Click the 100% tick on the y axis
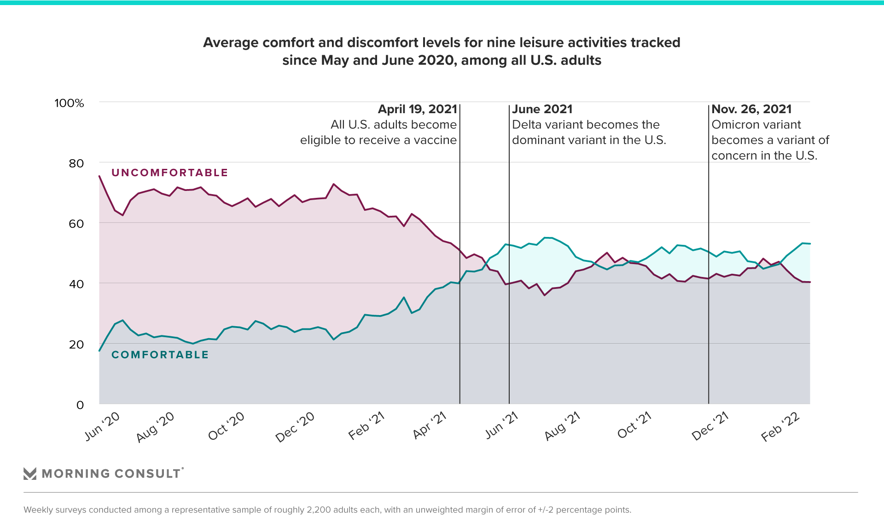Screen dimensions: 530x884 coord(69,103)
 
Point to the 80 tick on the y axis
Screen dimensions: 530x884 coord(76,163)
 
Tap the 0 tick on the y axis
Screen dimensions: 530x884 coord(80,405)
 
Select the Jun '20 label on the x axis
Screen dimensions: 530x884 coord(102,426)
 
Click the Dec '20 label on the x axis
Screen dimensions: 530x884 coord(295,427)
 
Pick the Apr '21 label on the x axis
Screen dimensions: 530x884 coord(430,425)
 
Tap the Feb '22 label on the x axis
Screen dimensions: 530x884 coord(780,426)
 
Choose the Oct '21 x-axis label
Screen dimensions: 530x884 coord(634,426)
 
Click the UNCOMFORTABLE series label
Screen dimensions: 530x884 coord(170,173)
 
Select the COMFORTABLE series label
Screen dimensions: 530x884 coord(160,355)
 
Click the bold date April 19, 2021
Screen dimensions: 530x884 coord(417,109)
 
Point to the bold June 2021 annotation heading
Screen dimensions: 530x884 coord(542,109)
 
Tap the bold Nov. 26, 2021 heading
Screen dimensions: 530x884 coord(751,109)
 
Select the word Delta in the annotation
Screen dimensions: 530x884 coord(526,125)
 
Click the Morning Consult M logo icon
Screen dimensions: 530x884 coord(30,473)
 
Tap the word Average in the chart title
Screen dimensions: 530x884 coord(231,43)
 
